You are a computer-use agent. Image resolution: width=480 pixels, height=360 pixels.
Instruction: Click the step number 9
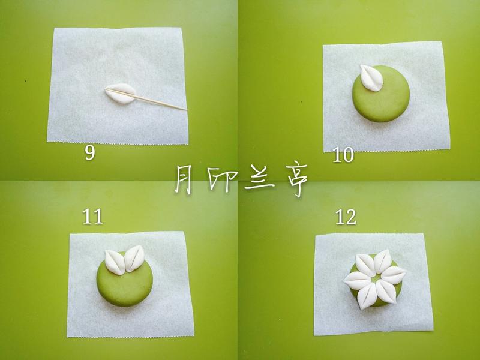[x=89, y=152]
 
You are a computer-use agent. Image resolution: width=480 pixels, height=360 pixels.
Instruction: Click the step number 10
[x=343, y=156]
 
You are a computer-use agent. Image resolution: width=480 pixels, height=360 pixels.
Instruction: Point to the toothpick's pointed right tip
[x=187, y=109]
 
